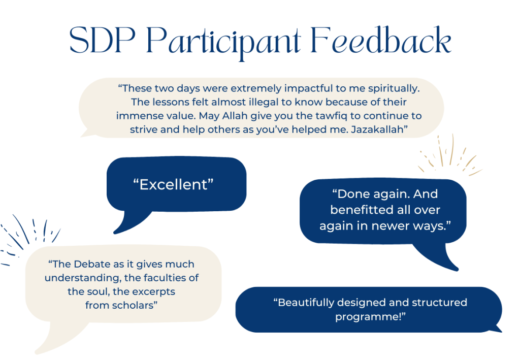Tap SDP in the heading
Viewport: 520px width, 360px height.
pyautogui.click(x=103, y=40)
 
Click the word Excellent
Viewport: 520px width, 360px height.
pyautogui.click(x=173, y=185)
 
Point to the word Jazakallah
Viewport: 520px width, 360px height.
pyautogui.click(x=377, y=129)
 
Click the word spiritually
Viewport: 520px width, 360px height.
pyautogui.click(x=394, y=88)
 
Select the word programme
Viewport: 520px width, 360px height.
pyautogui.click(x=368, y=317)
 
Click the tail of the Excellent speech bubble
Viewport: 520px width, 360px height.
pyautogui.click(x=129, y=223)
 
